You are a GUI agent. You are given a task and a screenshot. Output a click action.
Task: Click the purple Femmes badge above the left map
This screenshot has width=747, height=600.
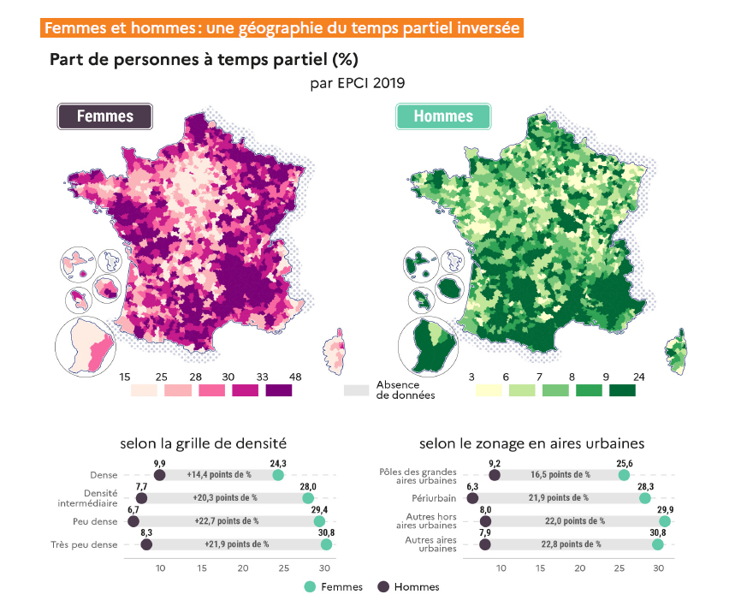[x=104, y=116]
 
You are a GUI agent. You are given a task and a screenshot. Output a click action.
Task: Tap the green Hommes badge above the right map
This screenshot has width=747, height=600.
[x=442, y=116]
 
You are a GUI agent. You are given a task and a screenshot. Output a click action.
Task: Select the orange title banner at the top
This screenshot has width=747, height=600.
[x=282, y=27]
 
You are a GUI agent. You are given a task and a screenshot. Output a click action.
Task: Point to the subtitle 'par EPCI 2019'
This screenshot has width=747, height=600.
[x=358, y=83]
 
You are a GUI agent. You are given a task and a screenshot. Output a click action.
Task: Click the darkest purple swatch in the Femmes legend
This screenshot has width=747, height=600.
[x=278, y=390]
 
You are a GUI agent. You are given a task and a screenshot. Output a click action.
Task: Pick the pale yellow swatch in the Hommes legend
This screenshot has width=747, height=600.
[x=488, y=390]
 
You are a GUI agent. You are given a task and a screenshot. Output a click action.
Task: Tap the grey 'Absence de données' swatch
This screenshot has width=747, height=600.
[x=355, y=390]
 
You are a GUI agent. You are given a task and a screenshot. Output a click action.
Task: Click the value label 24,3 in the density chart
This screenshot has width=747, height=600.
[x=277, y=463]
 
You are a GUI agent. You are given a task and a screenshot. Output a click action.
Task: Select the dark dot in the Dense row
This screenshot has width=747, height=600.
[x=160, y=475]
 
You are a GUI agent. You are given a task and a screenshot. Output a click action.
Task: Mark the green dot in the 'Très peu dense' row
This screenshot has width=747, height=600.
[x=326, y=544]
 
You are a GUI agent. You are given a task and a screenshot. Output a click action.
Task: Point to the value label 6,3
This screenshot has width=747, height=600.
[x=472, y=486]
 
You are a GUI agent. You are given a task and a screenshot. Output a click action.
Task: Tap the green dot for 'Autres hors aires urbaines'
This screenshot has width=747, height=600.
[x=665, y=520]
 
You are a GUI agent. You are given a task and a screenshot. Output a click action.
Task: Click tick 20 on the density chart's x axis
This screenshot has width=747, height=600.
[x=243, y=567]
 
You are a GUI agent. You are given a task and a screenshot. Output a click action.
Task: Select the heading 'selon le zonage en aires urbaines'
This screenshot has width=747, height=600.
[x=531, y=443]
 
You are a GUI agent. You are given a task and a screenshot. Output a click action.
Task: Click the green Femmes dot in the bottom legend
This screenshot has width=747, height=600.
[x=310, y=586]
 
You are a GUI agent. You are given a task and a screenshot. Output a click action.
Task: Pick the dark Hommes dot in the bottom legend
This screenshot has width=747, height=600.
[x=383, y=586]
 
